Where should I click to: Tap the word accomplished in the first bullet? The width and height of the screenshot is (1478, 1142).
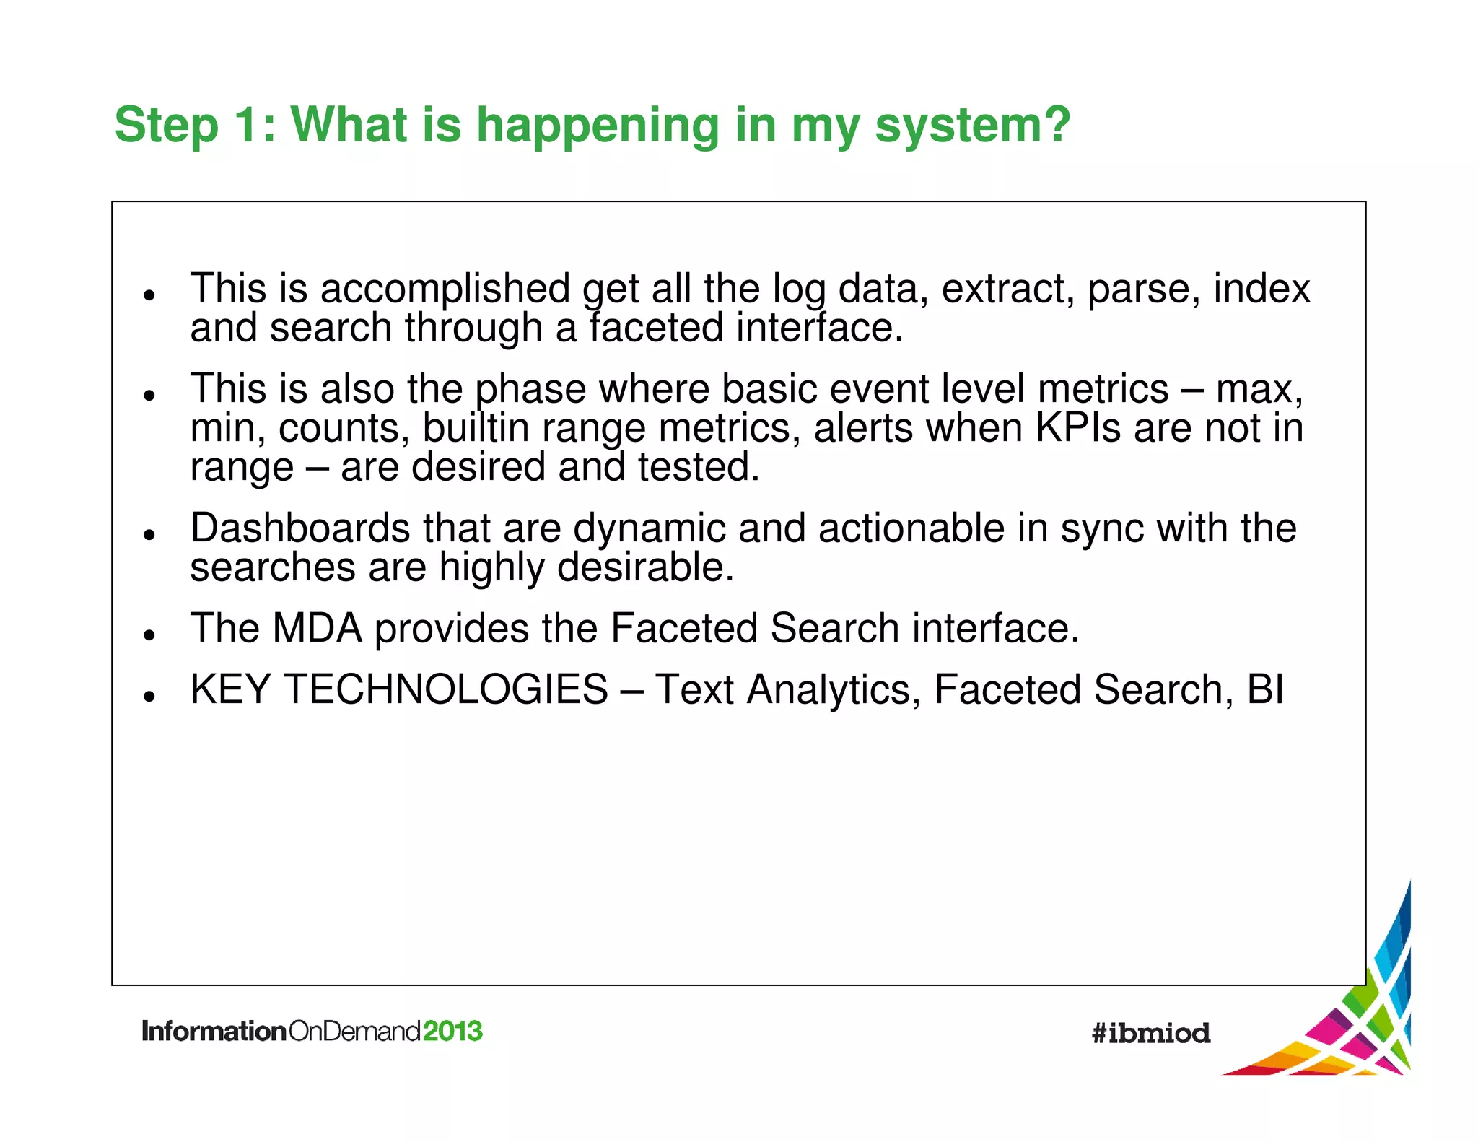pos(445,289)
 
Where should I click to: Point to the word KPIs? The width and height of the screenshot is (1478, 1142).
pos(1077,427)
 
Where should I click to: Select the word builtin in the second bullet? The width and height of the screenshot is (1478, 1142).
pos(476,427)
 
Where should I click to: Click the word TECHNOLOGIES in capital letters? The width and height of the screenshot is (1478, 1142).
pos(446,689)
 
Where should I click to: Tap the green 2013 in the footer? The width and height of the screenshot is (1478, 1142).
pos(452,1031)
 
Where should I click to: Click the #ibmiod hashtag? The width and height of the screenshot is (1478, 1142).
pos(1150,1033)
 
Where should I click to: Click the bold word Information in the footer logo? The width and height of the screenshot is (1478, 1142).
pos(214,1031)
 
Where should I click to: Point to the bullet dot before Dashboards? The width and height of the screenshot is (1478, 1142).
pos(149,535)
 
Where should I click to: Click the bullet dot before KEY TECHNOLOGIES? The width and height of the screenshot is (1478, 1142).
pos(149,696)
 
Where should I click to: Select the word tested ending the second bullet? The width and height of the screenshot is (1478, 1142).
pos(698,467)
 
